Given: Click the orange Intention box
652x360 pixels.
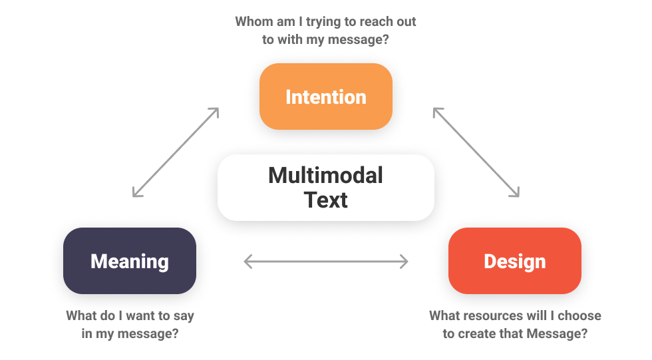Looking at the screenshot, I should pos(325,96).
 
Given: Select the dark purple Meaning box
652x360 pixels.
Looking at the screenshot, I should pos(129,261).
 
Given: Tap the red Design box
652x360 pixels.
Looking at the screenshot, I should pos(514,261).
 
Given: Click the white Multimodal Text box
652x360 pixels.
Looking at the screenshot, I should pos(325,188).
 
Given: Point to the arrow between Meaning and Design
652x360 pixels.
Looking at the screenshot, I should pos(325,262).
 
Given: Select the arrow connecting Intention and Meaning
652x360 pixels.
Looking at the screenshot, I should pos(176,152).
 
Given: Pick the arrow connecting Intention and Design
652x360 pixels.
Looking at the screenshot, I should pos(476,152).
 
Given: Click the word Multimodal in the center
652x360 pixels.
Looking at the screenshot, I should pos(325,176).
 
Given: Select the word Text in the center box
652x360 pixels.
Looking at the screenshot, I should pos(325,200).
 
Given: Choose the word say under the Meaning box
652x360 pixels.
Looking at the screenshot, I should pos(182,315).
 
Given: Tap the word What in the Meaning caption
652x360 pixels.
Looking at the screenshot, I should pos(81,315).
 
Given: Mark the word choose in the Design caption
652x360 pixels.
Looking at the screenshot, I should pos(579,315).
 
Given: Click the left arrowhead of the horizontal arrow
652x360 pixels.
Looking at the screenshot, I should pos(248,262).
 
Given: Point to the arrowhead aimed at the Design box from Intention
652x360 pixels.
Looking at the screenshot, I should pos(514,193).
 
